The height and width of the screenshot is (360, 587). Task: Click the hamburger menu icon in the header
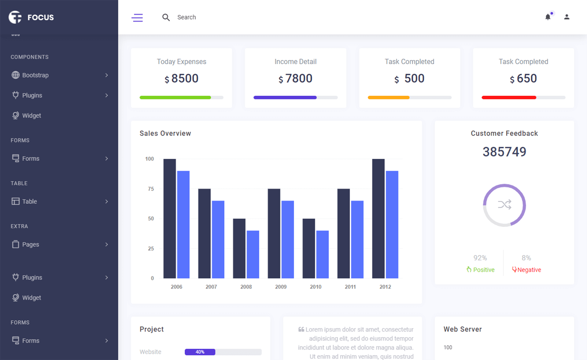pyautogui.click(x=137, y=17)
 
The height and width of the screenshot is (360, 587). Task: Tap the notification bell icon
pyautogui.click(x=548, y=17)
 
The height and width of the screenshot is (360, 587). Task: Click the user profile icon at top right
pyautogui.click(x=567, y=17)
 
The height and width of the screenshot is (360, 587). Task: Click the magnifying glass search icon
pyautogui.click(x=166, y=17)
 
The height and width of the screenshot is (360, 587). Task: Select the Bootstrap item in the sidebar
pyautogui.click(x=35, y=75)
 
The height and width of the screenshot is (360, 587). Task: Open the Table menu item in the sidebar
pyautogui.click(x=29, y=201)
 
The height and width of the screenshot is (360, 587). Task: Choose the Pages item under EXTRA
pyautogui.click(x=30, y=244)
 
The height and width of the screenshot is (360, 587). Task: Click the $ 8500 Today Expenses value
pyautogui.click(x=182, y=79)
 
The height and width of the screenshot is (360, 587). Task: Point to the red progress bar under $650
pyautogui.click(x=509, y=97)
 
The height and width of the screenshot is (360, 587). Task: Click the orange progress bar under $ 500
pyautogui.click(x=388, y=97)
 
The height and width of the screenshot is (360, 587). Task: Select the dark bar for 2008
pyautogui.click(x=239, y=248)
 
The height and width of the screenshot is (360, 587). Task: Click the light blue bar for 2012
pyautogui.click(x=392, y=224)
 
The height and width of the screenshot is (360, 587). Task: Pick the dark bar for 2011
pyautogui.click(x=343, y=233)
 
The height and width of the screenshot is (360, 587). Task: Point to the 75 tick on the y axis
pyautogui.click(x=151, y=189)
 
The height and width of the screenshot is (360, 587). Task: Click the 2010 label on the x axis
pyautogui.click(x=316, y=287)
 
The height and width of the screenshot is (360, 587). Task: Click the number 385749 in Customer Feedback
pyautogui.click(x=504, y=152)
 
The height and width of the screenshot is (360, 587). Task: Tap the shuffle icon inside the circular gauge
pyautogui.click(x=504, y=205)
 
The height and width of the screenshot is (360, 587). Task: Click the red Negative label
pyautogui.click(x=529, y=270)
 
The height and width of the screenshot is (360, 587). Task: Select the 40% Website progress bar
pyautogui.click(x=200, y=352)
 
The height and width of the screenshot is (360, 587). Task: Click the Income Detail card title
pyautogui.click(x=295, y=62)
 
